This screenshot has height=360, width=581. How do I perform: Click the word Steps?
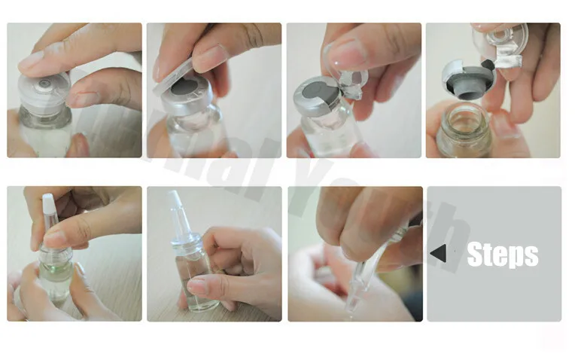tap(502, 255)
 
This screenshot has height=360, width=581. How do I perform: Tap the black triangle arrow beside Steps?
tap(438, 254)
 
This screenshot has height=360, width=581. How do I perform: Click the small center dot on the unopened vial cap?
tap(45, 83)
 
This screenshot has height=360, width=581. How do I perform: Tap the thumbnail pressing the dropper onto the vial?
tap(54, 239)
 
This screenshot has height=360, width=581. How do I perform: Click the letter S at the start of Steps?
tap(476, 255)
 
